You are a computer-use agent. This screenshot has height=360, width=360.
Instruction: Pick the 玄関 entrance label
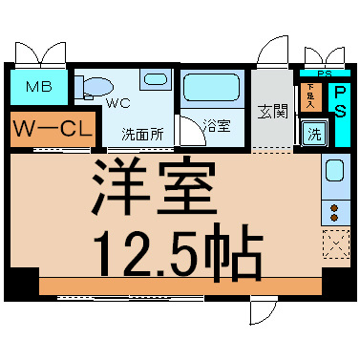coord(271,110)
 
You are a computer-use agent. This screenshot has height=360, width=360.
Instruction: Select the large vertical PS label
coord(338,102)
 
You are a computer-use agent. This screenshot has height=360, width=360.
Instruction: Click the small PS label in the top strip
coord(324,74)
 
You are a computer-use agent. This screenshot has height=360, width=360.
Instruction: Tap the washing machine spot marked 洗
coord(312,135)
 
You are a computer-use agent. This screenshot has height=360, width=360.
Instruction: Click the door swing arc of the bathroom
coord(191,131)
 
